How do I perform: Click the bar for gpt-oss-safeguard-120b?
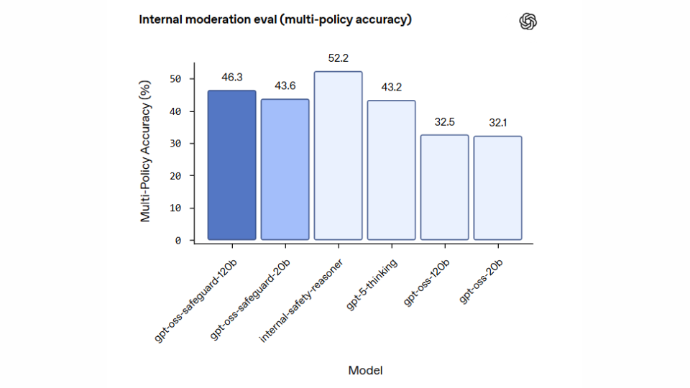click(x=231, y=165)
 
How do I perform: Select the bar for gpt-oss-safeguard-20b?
click(x=285, y=170)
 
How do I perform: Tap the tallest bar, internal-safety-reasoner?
click(x=338, y=156)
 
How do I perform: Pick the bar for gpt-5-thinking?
click(x=391, y=170)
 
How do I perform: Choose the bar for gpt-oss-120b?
click(x=444, y=188)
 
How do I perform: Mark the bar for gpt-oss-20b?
click(x=497, y=188)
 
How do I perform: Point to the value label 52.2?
click(x=338, y=57)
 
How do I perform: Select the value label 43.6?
click(x=285, y=85)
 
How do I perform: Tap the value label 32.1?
click(x=497, y=123)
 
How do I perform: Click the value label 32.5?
click(x=444, y=121)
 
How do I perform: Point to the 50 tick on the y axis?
click(x=175, y=79)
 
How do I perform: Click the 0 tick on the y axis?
click(x=178, y=241)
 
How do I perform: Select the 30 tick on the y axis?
click(x=175, y=144)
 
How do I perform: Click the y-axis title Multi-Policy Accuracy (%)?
click(x=145, y=151)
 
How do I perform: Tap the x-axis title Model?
click(x=365, y=371)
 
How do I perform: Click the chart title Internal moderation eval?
click(x=275, y=19)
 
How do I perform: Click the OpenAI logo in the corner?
click(x=528, y=22)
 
